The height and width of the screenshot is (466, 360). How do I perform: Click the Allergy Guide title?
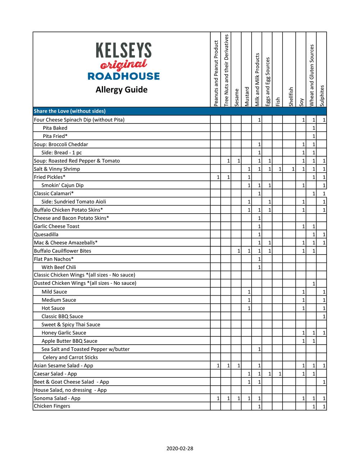tap(121, 90)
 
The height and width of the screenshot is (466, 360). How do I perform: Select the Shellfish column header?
tap(291, 97)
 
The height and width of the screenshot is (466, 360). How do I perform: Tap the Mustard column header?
tap(247, 97)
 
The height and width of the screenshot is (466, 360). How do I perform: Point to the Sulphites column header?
tap(322, 95)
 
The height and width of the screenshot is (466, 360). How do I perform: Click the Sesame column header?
tap(237, 97)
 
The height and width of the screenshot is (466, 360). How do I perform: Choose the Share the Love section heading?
tap(69, 111)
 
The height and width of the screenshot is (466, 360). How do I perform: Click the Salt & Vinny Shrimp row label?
tap(57, 169)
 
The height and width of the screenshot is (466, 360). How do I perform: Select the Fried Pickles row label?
tap(50, 177)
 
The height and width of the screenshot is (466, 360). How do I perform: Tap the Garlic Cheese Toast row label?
tap(57, 226)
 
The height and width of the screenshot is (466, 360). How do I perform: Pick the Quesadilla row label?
tap(46, 234)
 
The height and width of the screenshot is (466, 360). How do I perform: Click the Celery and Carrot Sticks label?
tap(70, 357)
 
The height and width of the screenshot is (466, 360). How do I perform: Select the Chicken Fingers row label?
tap(52, 406)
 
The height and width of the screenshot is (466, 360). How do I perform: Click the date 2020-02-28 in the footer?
tap(180, 448)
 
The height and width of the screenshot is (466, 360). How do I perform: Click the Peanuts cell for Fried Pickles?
tap(215, 177)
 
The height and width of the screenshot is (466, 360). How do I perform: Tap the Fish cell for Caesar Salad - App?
tap(278, 374)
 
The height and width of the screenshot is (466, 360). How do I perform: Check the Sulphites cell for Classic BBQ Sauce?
tap(321, 317)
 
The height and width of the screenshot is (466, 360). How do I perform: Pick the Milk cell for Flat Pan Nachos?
tap(257, 259)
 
